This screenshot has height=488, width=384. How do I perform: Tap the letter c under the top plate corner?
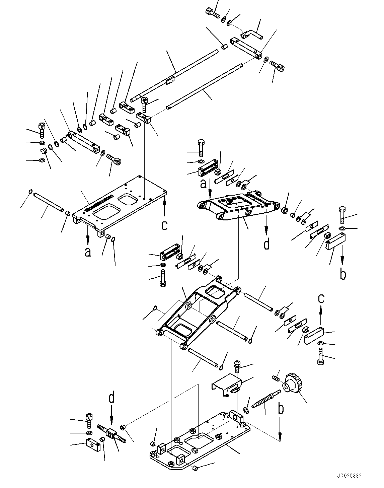[164, 225]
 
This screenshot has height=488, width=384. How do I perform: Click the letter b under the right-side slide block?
[342, 274]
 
